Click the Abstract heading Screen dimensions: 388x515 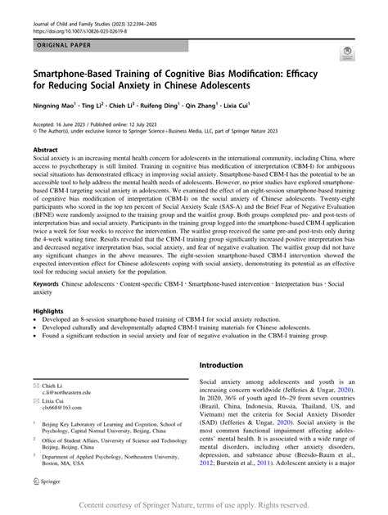click(45, 150)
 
